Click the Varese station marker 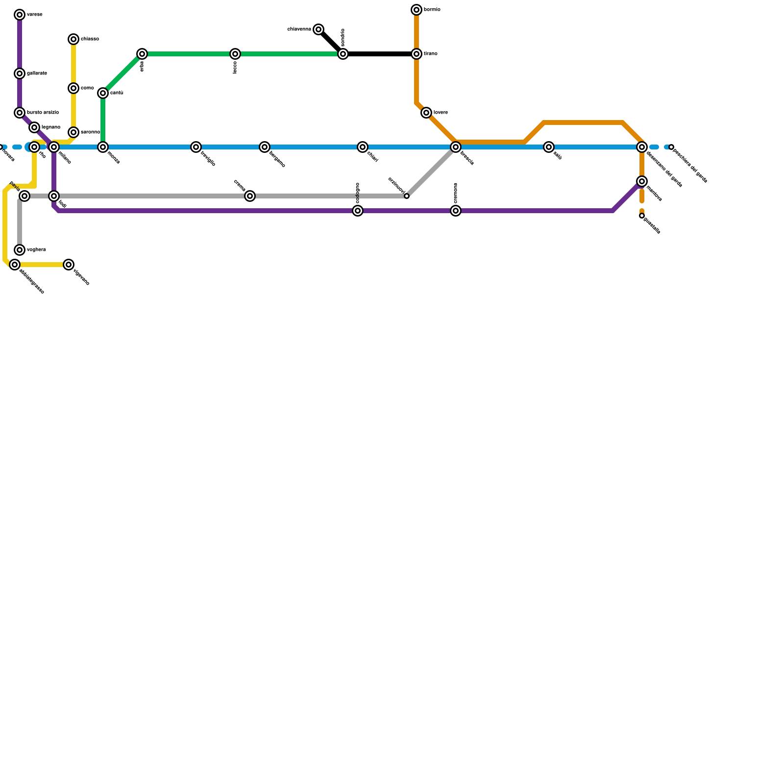[20, 15]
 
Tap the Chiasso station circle [73, 39]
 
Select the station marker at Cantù [103, 93]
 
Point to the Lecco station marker [235, 54]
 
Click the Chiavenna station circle [318, 29]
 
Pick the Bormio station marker [416, 10]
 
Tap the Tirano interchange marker [416, 54]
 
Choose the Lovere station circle [426, 113]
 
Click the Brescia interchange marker [456, 147]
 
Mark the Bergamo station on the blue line [265, 147]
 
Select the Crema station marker [250, 196]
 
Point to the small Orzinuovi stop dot [407, 196]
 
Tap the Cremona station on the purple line [456, 211]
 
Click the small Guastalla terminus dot [642, 216]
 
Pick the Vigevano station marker [69, 265]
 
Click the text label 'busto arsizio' [43, 113]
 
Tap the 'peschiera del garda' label [690, 165]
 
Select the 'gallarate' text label [37, 73]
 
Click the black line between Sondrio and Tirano [380, 54]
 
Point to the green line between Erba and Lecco [189, 54]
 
